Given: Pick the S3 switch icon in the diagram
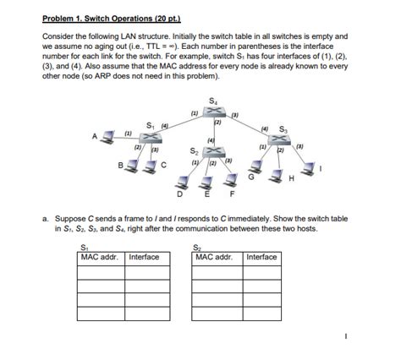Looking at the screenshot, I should (x=283, y=135).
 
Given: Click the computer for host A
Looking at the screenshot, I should (x=109, y=137).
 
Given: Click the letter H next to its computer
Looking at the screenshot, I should (x=291, y=178).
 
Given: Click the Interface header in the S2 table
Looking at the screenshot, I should (x=261, y=257).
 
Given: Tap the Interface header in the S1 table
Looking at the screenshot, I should (x=145, y=257).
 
